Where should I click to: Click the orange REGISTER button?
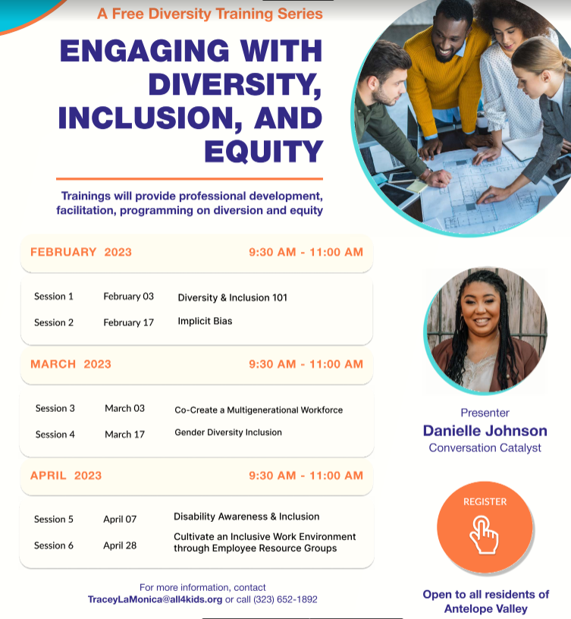tap(485, 527)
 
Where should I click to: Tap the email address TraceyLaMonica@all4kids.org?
tap(155, 599)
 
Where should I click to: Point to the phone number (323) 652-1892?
tap(285, 599)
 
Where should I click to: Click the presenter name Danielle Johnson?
tap(485, 431)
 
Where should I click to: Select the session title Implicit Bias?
tap(205, 321)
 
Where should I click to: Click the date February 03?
tap(129, 297)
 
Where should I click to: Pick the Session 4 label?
tap(55, 434)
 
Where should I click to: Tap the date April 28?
tap(120, 545)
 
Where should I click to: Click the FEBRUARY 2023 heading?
tap(81, 252)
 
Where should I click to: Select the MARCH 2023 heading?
tap(71, 364)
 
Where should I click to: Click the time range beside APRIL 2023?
tap(306, 476)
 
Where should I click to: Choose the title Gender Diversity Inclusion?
tap(228, 432)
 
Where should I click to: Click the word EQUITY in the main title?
tap(264, 152)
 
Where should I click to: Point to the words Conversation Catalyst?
tap(485, 448)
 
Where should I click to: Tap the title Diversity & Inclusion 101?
tap(233, 297)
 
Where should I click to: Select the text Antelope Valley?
tap(486, 608)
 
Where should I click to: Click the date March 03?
tap(124, 408)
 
